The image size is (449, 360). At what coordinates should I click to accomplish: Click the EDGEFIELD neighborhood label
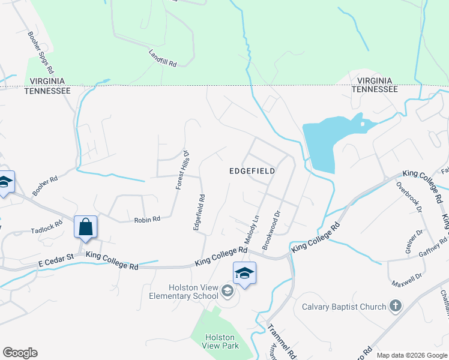click(252, 171)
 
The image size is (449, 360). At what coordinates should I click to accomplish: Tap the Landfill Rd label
click(163, 58)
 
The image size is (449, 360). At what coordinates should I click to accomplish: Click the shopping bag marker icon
click(85, 227)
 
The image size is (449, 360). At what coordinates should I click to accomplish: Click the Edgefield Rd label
click(199, 212)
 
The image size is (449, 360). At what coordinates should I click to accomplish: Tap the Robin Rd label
click(147, 220)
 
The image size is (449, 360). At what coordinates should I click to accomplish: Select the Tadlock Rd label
click(46, 228)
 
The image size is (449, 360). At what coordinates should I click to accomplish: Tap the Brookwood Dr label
click(272, 230)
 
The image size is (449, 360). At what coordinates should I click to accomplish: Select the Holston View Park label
click(220, 341)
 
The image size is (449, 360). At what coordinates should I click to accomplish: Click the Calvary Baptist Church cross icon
click(395, 307)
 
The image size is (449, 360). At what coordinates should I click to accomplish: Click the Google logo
click(20, 353)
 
